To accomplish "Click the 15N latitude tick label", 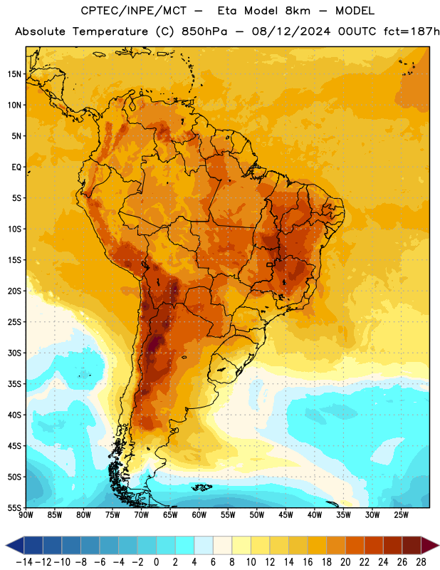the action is (14, 74).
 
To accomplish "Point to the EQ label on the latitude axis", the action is (16, 167).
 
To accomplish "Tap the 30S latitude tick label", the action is (14, 353).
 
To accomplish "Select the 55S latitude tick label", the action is (14, 508).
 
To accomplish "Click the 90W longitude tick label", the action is (26, 515).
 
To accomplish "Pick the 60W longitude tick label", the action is (199, 515).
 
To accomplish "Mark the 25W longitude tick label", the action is (401, 515).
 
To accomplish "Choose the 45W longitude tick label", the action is (286, 515).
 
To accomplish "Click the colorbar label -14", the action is (24, 562).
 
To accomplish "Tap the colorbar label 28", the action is (421, 562).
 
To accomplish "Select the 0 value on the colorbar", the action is (156, 562).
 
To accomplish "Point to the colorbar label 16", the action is (308, 562).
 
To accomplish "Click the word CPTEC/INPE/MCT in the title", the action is (134, 11).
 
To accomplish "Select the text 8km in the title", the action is (298, 11).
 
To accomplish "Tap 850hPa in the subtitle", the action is (204, 31).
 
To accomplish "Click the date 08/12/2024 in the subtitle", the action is (291, 31).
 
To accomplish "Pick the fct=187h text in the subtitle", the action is (412, 31).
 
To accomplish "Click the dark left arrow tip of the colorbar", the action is (6, 545).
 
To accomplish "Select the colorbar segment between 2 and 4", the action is (184, 545).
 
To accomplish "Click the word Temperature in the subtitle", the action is (110, 32).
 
